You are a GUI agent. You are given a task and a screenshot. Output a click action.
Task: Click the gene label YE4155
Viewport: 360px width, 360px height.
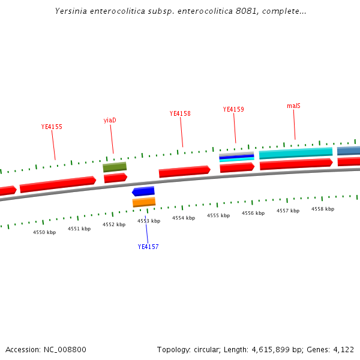pyautogui.click(x=52, y=127)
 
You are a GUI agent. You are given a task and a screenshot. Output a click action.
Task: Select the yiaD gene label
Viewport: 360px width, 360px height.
pyautogui.click(x=110, y=120)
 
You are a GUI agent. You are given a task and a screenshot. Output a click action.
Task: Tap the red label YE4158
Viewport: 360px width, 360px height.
pyautogui.click(x=180, y=113)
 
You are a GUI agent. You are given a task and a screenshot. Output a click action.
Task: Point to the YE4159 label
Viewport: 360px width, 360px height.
pyautogui.click(x=233, y=109)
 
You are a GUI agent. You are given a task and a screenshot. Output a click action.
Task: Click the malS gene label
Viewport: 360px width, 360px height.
pyautogui.click(x=293, y=106)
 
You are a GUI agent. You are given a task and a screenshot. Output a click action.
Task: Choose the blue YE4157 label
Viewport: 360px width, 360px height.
pyautogui.click(x=148, y=247)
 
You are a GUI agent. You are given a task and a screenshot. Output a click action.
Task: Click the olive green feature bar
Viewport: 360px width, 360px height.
pyautogui.click(x=115, y=167)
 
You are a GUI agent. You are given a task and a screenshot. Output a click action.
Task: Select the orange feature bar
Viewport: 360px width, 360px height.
pyautogui.click(x=144, y=202)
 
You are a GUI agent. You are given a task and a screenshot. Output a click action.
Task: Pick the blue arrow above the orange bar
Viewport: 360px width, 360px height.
pyautogui.click(x=143, y=191)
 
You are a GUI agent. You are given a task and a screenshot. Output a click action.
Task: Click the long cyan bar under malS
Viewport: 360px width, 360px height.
pyautogui.click(x=296, y=153)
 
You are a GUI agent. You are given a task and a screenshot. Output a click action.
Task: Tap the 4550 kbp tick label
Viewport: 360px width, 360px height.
pyautogui.click(x=44, y=232)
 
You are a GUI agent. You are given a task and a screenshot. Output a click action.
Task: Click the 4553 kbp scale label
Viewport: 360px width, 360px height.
pyautogui.click(x=149, y=221)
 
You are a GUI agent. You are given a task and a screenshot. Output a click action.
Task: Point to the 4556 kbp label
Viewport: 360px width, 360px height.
pyautogui.click(x=253, y=213)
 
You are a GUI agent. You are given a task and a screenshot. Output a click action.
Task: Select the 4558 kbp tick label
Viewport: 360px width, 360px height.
pyautogui.click(x=323, y=209)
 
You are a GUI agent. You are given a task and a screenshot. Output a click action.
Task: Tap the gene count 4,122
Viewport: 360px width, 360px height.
pyautogui.click(x=343, y=349)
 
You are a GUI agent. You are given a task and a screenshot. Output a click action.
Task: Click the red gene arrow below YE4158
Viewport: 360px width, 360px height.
pyautogui.click(x=184, y=172)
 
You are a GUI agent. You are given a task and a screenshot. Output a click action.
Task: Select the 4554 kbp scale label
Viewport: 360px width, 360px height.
pyautogui.click(x=184, y=218)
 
